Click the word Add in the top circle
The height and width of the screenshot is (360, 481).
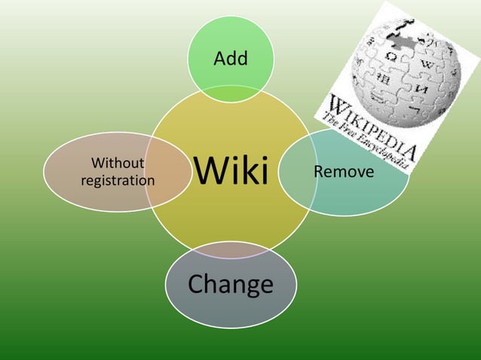pyautogui.click(x=231, y=59)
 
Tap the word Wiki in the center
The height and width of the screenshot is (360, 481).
pyautogui.click(x=231, y=171)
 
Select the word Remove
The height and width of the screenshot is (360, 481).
pyautogui.click(x=344, y=172)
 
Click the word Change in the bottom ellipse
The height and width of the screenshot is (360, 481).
pyautogui.click(x=230, y=284)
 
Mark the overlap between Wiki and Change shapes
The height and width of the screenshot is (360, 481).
pyautogui.click(x=230, y=249)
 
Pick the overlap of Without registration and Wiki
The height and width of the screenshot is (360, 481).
pyautogui.click(x=167, y=172)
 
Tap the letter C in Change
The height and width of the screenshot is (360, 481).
pyautogui.click(x=195, y=284)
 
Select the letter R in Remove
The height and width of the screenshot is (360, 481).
pyautogui.click(x=318, y=172)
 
